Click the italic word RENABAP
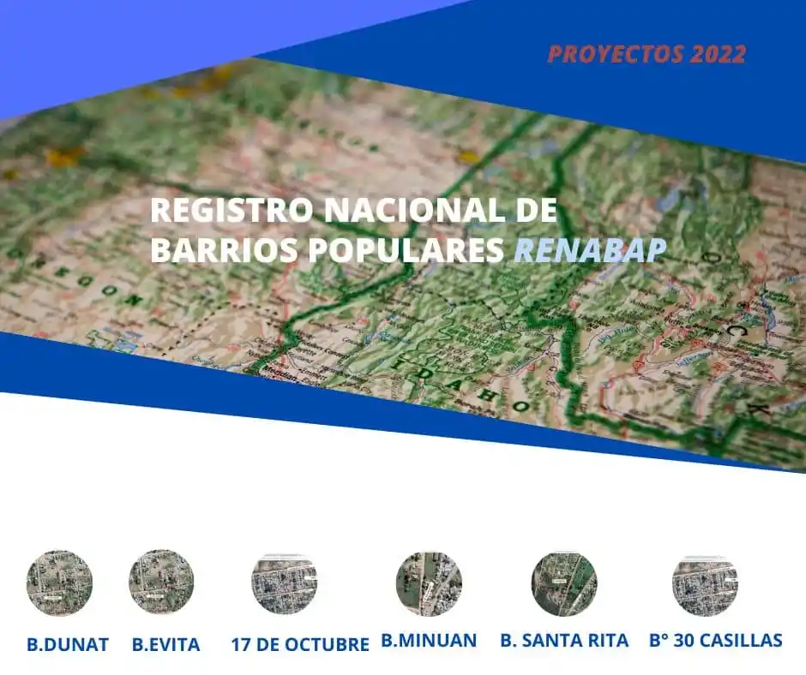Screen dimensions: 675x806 (590, 249)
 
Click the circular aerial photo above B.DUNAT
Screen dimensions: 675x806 (59, 582)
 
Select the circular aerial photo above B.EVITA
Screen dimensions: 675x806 (161, 582)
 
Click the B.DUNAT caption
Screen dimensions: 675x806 (68, 644)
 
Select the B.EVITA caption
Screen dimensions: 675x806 (166, 644)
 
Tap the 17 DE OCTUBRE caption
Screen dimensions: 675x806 (300, 644)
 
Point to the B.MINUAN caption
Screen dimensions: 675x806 (429, 641)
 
